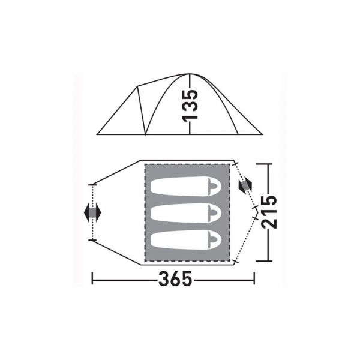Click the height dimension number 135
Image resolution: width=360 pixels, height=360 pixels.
190,105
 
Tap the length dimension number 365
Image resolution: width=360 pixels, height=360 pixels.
175,278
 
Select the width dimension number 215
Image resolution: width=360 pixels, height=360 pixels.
269,212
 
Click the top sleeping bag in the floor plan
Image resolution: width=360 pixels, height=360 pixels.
186,186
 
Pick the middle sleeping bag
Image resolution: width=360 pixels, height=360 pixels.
186,213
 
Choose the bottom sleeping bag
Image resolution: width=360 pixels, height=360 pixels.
186,239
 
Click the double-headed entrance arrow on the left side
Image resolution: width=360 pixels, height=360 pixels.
92,212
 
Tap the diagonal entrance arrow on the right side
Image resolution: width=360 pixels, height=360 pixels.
245,185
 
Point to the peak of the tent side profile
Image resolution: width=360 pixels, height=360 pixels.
190,74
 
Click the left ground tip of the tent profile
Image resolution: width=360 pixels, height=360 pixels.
97,134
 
